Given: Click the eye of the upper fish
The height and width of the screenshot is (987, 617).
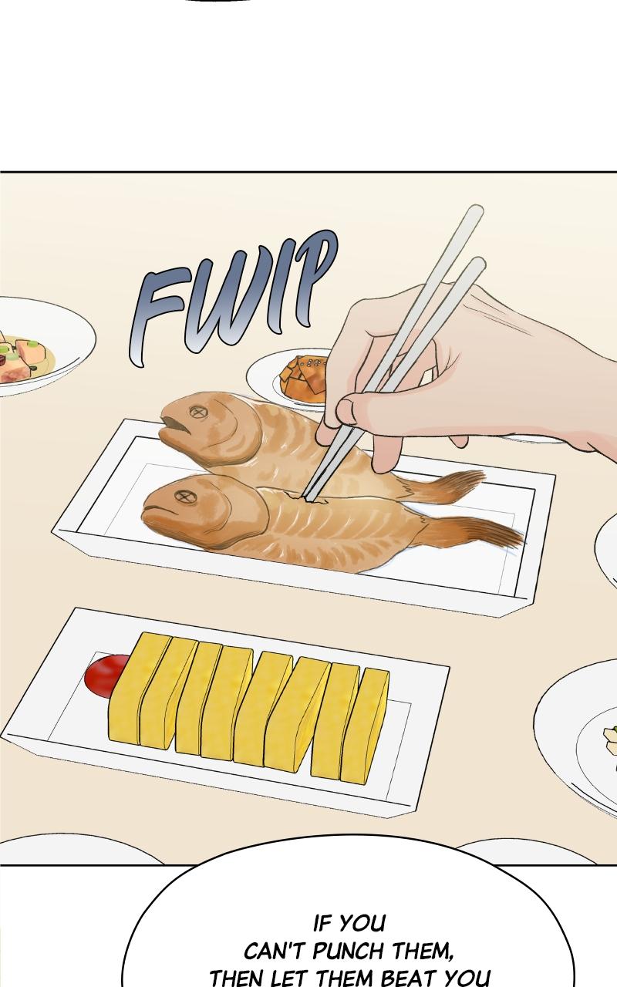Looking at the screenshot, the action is coord(196,412).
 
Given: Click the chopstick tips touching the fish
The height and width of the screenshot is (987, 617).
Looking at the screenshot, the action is coord(311,498).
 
